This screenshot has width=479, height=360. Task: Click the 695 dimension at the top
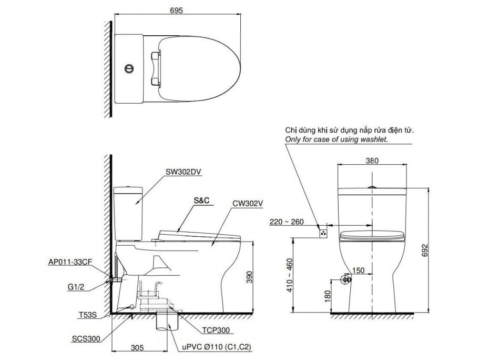pos(176,11)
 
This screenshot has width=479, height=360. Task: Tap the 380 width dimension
pos(372,162)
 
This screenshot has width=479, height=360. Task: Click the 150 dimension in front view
pos(358,270)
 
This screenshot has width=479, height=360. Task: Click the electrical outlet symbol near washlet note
pos(324,231)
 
